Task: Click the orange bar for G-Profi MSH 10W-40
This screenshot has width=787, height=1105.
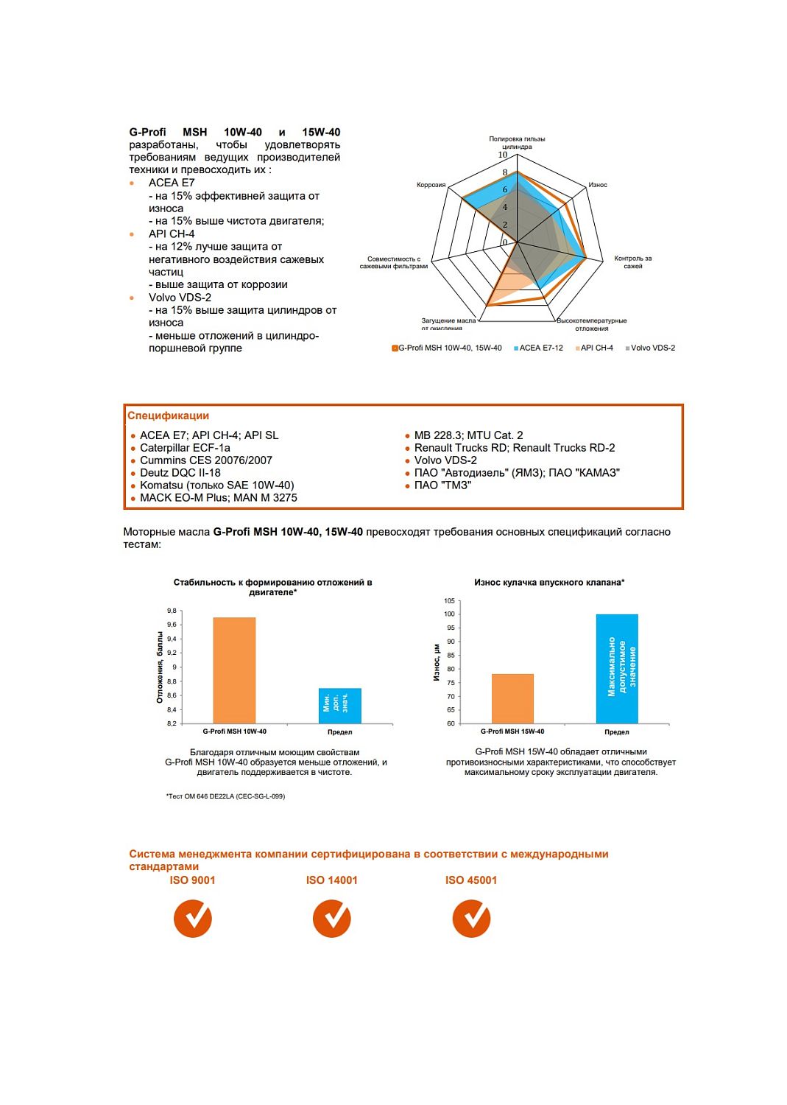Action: coord(234,670)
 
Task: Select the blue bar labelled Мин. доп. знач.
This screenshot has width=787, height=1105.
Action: coord(339,706)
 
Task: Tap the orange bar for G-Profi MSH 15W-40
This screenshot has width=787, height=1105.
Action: coord(512,698)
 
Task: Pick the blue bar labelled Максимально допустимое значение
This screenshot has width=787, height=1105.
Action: coord(617,668)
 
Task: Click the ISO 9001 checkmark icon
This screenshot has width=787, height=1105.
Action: coord(193,919)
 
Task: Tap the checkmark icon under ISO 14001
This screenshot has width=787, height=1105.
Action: coord(332,919)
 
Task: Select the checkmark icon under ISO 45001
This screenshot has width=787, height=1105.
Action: coord(471,919)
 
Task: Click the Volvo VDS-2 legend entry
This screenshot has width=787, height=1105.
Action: coord(652,348)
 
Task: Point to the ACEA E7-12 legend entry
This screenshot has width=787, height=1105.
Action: coord(540,348)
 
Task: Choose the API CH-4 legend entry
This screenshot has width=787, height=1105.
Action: coord(596,348)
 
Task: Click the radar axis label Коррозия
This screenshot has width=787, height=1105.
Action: coord(431,185)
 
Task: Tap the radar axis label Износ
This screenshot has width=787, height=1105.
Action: coord(598,185)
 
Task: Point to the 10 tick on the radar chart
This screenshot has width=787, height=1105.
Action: coord(503,155)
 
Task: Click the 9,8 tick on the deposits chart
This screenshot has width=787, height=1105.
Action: coord(172,611)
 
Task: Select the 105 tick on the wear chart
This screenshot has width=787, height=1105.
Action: coord(449,600)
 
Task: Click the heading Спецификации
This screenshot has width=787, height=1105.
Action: coord(168,415)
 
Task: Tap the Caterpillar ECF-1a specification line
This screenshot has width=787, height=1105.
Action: coord(185,448)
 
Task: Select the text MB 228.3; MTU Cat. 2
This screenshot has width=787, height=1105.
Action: coord(468,435)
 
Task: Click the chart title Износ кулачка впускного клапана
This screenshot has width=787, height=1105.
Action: coord(549,582)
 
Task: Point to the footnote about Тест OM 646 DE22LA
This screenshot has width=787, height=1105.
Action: coord(225,796)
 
